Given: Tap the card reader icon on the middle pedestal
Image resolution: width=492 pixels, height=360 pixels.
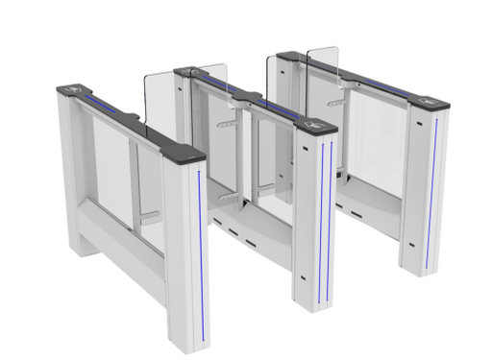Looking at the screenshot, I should click(x=313, y=122).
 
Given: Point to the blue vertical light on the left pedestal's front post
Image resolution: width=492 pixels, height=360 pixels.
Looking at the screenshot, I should click(x=202, y=254).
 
